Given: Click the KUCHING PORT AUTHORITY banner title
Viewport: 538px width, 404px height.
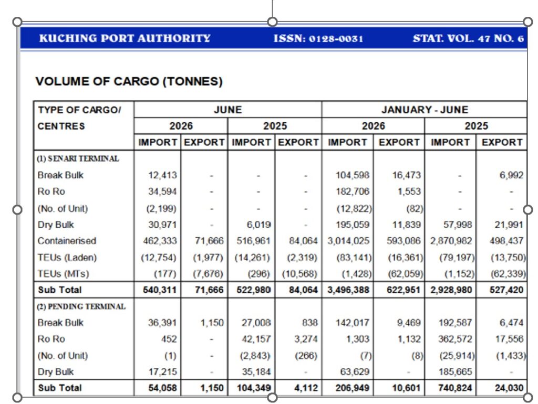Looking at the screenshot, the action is [x=125, y=38].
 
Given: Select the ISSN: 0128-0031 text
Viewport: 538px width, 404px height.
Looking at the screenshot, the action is [x=318, y=38].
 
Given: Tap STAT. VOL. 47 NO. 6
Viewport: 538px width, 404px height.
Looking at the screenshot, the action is [x=468, y=38].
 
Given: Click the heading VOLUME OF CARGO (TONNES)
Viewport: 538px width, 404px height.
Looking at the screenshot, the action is [x=129, y=81].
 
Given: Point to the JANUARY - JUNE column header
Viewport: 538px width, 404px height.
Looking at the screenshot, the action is [x=425, y=110].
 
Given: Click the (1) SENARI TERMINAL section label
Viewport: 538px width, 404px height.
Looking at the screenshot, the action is [x=78, y=158].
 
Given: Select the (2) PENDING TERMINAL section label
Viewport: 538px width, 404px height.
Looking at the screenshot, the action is [x=81, y=306].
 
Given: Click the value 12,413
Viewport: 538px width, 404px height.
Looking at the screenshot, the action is [x=162, y=175].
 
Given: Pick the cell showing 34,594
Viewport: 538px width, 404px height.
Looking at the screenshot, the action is [x=162, y=191].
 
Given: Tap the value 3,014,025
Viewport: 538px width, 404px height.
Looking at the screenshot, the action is [x=348, y=240].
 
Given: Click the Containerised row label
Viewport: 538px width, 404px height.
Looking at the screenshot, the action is [x=67, y=240].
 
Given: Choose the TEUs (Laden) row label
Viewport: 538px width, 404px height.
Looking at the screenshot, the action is [x=67, y=257].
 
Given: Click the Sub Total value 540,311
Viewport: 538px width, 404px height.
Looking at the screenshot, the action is [x=160, y=290].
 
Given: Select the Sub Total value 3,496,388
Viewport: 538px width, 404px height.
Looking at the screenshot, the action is [x=348, y=290].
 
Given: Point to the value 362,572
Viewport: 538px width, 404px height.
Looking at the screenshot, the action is [x=455, y=339].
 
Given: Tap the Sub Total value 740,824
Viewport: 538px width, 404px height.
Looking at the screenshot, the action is [x=455, y=388].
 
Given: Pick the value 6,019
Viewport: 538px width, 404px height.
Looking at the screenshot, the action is [x=258, y=225].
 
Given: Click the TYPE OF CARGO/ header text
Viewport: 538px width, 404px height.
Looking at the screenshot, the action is [x=79, y=110].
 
